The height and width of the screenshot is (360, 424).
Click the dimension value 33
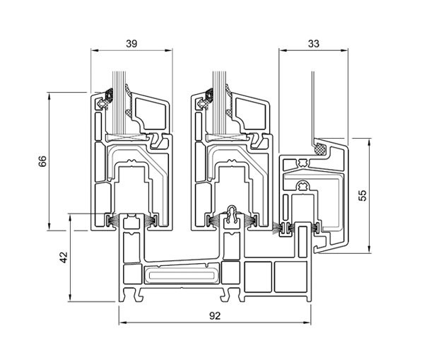point(314,43)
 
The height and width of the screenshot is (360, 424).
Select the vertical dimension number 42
point(63,258)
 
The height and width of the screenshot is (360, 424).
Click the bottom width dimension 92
point(215,315)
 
